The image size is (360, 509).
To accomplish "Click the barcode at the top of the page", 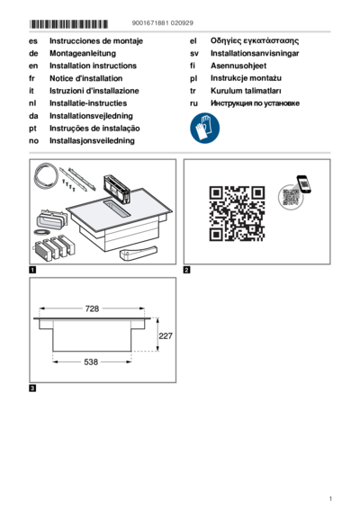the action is [x=68, y=24].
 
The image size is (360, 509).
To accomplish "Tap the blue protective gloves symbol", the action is [x=204, y=128].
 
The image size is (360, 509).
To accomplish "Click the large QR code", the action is [x=237, y=213].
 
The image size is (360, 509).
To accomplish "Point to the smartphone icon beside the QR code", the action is [x=303, y=184].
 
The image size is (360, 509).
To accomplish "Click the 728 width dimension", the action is [x=92, y=308].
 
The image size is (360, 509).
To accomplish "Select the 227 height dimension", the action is [x=166, y=335].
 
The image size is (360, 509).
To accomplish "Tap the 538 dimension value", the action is [x=91, y=362].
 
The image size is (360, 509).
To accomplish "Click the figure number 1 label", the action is [x=32, y=270].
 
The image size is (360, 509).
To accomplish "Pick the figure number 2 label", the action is [x=187, y=270].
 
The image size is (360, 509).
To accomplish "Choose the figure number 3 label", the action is [x=32, y=388].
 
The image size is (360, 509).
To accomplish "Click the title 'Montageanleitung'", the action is [x=83, y=53].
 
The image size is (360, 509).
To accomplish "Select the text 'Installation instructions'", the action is [x=93, y=66].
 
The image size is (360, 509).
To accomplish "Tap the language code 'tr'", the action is [x=193, y=91].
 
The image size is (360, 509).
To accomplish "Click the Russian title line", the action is [x=255, y=103].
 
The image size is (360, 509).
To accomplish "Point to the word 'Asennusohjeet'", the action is [x=238, y=66].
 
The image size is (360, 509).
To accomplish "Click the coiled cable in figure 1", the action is [x=46, y=177].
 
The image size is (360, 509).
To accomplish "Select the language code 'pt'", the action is [x=32, y=129].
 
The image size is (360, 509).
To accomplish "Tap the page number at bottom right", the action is [x=330, y=498].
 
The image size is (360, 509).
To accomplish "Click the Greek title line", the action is [x=255, y=40].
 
